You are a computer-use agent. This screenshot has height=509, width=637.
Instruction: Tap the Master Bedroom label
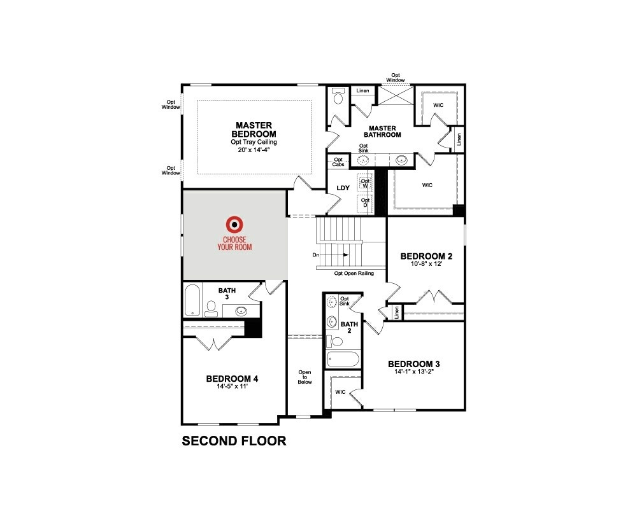tap(254, 130)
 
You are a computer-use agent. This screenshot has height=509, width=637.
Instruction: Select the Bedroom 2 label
tap(426, 256)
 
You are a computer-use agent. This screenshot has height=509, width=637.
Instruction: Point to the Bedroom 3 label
tap(414, 364)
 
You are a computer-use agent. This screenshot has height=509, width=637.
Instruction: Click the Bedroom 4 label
tap(232, 379)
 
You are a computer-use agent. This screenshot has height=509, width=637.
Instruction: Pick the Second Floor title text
tap(234, 440)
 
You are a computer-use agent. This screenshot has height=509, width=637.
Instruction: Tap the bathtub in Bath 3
tap(192, 300)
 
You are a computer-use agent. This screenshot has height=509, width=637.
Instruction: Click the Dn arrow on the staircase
tap(338, 255)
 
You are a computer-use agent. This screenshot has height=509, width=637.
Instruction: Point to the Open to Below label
tap(305, 377)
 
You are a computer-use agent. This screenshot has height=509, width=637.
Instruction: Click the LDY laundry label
tap(343, 188)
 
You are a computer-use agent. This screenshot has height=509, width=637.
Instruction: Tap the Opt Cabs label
tap(338, 162)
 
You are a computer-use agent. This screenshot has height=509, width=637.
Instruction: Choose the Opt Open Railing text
tap(354, 274)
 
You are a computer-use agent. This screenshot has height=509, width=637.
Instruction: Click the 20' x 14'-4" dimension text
tap(254, 150)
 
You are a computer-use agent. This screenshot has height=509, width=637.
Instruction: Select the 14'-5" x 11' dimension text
tap(231, 387)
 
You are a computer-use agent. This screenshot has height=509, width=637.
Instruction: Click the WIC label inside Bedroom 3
tap(340, 392)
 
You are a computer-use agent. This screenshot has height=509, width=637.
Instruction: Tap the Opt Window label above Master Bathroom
tap(396, 77)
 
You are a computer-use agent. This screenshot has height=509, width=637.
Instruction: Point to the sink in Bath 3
tap(242, 311)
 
